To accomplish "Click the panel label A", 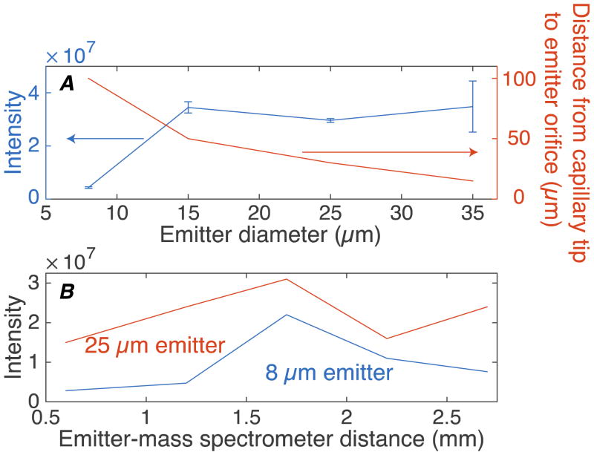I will (x=68, y=84).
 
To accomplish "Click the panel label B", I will (x=67, y=292).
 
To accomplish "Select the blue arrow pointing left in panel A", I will (x=105, y=138).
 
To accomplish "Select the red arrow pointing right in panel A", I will (x=390, y=152).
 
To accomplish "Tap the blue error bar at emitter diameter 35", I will (x=472, y=106).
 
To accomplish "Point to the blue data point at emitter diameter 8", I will (x=89, y=188).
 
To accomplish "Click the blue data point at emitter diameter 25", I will (x=330, y=120).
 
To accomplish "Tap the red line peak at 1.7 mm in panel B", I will (x=287, y=279).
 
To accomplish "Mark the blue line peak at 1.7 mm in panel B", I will (x=287, y=315).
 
